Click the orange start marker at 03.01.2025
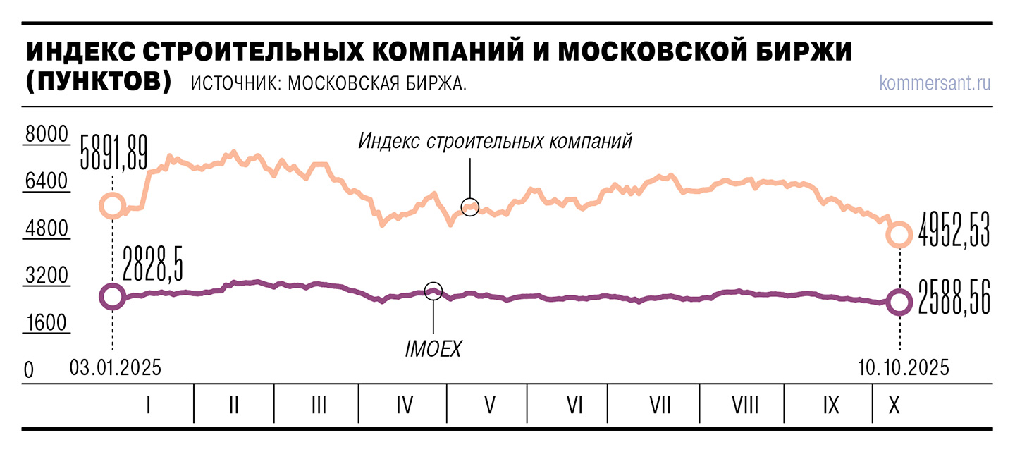point(113,206)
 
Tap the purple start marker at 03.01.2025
point(113,297)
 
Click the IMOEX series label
point(433,348)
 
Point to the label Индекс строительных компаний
point(495,140)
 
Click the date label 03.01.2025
point(116,368)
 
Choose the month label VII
point(660,405)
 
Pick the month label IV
point(404,405)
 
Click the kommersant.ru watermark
point(935,83)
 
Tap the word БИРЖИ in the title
point(793,54)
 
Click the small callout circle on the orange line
point(470,207)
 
